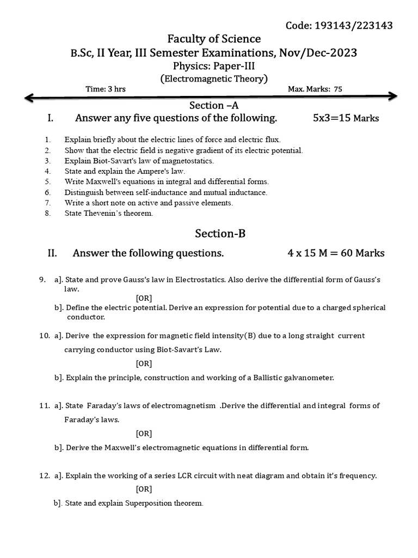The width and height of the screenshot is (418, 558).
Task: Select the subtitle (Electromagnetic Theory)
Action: click(214, 78)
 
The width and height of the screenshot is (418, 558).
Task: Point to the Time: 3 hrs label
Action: click(106, 89)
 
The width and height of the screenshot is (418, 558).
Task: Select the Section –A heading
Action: click(214, 105)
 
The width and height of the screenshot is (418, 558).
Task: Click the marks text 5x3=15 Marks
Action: click(346, 118)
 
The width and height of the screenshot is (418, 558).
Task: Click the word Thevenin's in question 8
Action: click(106, 214)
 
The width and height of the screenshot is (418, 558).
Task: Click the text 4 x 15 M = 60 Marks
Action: click(336, 253)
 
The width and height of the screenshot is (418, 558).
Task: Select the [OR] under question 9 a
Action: click(144, 298)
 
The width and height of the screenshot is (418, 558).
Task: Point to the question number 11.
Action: click(45, 405)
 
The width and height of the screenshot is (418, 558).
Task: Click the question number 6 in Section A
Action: click(48, 192)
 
